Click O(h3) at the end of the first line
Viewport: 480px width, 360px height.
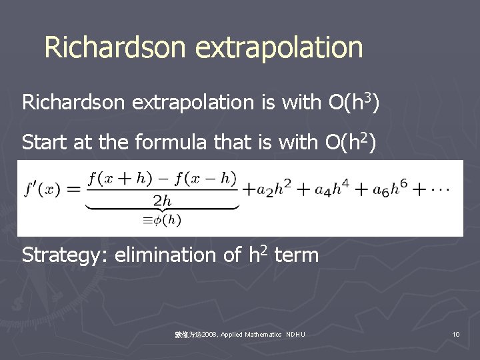tap(355, 102)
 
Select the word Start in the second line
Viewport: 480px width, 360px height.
tap(44, 142)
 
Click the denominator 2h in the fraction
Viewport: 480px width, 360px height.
tap(162, 199)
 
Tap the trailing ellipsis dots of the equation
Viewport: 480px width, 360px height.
tap(440, 189)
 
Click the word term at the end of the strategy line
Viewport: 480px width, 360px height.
tap(296, 255)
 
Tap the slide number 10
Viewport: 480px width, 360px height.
tap(455, 333)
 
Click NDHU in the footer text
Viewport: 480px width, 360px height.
tap(295, 333)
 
